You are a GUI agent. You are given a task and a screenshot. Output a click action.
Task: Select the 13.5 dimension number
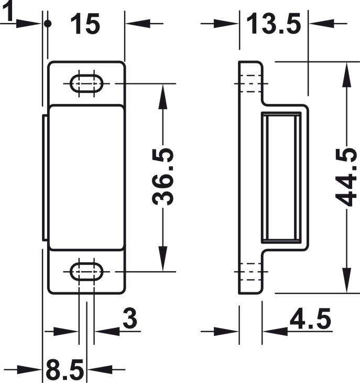[274, 24]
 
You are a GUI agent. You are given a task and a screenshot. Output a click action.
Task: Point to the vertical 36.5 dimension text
[163, 176]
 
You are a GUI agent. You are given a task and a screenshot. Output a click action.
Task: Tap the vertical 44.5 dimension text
[346, 177]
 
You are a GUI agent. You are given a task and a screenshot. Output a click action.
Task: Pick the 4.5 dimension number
[310, 318]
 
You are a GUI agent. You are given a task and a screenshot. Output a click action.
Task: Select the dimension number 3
[130, 318]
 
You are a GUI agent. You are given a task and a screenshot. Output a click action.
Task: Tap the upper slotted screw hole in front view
[86, 83]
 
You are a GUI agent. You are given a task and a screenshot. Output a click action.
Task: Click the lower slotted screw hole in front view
[86, 271]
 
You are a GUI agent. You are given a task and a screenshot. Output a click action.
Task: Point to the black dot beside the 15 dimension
[48, 24]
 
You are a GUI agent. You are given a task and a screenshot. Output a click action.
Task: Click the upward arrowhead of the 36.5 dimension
[163, 96]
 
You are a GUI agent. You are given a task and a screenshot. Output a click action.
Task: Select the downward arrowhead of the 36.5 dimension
[163, 259]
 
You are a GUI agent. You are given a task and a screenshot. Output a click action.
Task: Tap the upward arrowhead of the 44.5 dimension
[346, 75]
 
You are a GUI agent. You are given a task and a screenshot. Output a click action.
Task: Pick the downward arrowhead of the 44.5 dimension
[346, 280]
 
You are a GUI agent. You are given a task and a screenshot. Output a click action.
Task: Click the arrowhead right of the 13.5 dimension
[321, 24]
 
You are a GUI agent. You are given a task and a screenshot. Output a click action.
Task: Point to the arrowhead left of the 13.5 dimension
[226, 24]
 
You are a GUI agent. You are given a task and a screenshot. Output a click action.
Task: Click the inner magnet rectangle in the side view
[281, 177]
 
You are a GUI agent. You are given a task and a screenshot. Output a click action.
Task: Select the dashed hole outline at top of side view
[251, 83]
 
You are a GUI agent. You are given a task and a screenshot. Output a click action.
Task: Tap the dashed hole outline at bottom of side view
[251, 271]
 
